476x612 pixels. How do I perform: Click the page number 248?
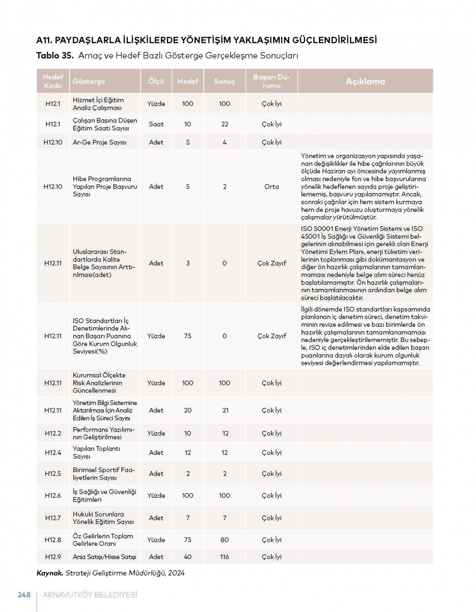click(x=24, y=595)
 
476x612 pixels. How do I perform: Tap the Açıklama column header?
click(x=365, y=81)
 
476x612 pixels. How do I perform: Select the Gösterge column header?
click(x=89, y=81)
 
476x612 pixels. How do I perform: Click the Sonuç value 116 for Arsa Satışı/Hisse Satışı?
click(x=225, y=557)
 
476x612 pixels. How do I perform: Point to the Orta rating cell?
click(x=272, y=187)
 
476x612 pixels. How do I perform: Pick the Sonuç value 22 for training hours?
click(x=225, y=124)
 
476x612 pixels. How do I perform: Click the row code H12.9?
click(x=53, y=557)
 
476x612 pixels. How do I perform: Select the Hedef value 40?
click(x=188, y=557)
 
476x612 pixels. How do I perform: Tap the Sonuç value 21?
click(x=225, y=410)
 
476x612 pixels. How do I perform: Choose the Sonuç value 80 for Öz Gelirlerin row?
click(x=225, y=540)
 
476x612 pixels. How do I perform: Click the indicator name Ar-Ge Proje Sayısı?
click(x=99, y=142)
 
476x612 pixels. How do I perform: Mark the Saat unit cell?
click(x=156, y=124)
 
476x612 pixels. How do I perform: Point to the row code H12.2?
click(x=53, y=433)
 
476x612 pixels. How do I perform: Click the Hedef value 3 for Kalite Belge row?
click(x=188, y=263)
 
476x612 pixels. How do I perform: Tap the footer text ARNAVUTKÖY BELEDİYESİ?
click(x=89, y=595)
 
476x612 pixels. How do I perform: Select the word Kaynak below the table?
click(x=50, y=573)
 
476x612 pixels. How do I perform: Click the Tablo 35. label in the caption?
click(x=55, y=56)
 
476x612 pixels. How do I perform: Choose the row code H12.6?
click(x=53, y=495)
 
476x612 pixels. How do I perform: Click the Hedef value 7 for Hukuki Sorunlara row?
click(x=188, y=518)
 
